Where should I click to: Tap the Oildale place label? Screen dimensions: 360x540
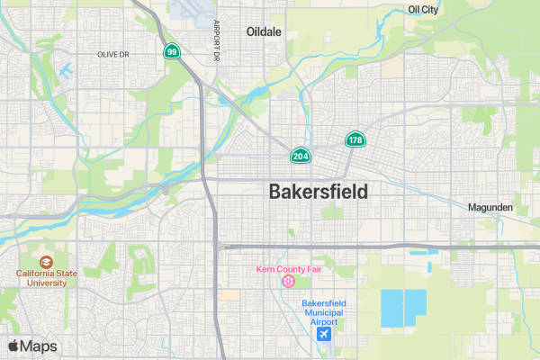pyautogui.click(x=265, y=31)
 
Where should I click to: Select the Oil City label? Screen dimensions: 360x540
pyautogui.click(x=423, y=9)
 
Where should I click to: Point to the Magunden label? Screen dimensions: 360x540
pyautogui.click(x=490, y=207)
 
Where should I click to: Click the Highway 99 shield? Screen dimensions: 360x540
pyautogui.click(x=170, y=52)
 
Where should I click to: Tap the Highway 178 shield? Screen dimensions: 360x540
pyautogui.click(x=355, y=139)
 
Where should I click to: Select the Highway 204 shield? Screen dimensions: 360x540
pyautogui.click(x=301, y=156)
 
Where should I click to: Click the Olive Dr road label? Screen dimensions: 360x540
pyautogui.click(x=115, y=54)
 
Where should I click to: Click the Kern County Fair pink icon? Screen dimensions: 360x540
pyautogui.click(x=288, y=282)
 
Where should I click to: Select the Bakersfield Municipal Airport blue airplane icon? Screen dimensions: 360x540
pyautogui.click(x=324, y=334)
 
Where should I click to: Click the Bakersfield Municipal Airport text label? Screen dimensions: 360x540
pyautogui.click(x=324, y=312)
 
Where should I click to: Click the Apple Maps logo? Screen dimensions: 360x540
pyautogui.click(x=32, y=346)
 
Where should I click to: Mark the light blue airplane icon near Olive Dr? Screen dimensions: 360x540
pyautogui.click(x=66, y=70)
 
